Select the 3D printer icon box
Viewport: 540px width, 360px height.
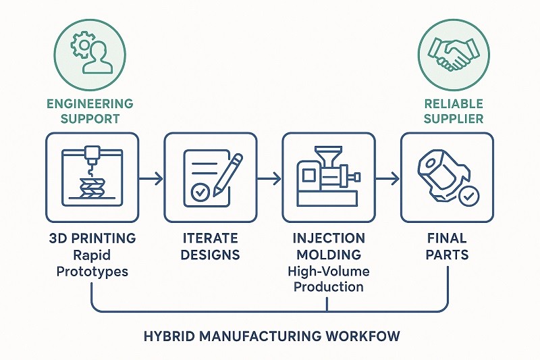92,177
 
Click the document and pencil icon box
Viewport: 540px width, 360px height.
211,177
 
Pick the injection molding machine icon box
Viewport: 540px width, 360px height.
329,177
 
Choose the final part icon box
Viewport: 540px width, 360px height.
446,177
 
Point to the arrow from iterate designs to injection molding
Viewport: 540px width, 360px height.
269,178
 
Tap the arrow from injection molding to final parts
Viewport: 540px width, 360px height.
387,178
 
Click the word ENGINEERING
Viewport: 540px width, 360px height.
90,104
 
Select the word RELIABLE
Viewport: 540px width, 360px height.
453,104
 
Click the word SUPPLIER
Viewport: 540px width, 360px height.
453,119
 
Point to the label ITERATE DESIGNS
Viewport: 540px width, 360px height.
211,247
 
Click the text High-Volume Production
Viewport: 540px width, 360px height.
328,278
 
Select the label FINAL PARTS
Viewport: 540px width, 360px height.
446,247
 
